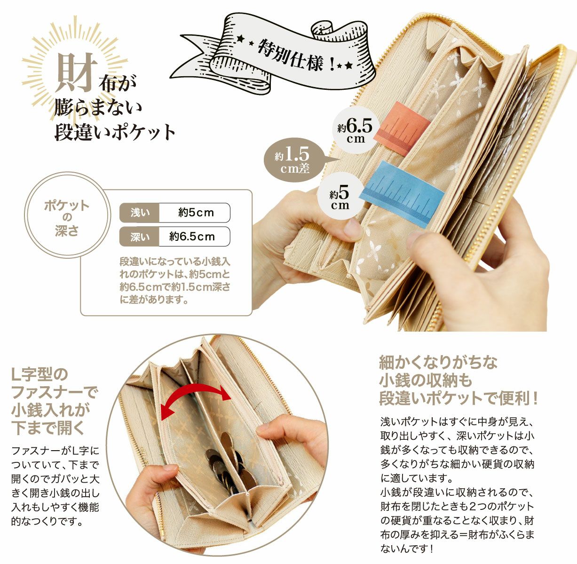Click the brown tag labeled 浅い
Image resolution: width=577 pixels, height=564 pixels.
[140, 213]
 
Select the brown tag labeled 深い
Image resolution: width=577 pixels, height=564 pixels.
[140, 237]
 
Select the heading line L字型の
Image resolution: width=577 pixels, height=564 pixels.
[40, 375]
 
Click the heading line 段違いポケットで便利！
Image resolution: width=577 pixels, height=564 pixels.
[458, 399]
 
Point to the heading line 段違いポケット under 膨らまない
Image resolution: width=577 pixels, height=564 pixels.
[115, 132]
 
